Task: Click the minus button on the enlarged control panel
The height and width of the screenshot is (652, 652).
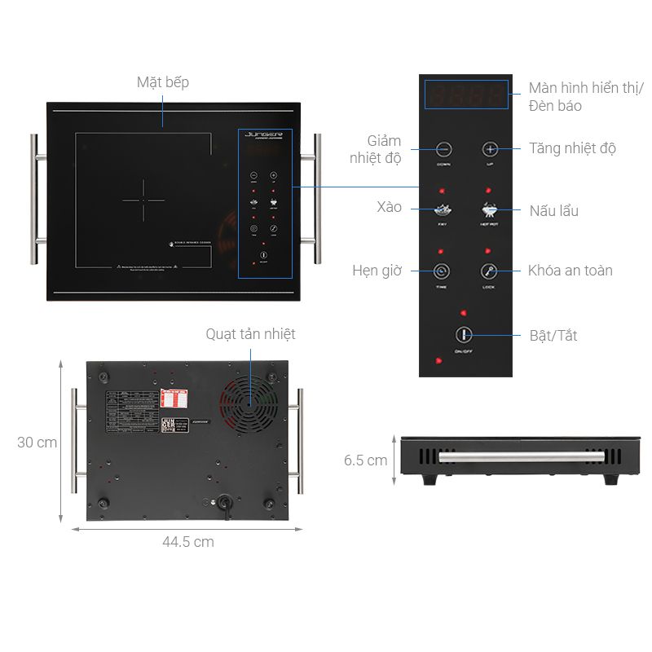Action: (443, 149)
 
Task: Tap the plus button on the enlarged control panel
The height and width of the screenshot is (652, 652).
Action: (490, 149)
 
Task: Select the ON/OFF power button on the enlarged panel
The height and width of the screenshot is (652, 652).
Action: (463, 335)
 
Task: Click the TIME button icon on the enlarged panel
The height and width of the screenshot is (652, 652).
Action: (442, 271)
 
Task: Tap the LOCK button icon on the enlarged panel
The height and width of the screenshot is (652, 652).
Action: (488, 271)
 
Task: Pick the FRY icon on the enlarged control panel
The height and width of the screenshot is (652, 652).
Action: (443, 209)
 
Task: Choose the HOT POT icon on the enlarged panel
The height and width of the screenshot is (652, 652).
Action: (488, 209)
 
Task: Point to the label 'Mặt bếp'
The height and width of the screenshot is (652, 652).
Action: (163, 82)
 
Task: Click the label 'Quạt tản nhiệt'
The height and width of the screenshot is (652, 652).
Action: (250, 334)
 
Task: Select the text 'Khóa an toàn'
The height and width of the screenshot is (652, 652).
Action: (570, 271)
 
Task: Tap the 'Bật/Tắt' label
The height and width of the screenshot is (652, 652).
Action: (553, 335)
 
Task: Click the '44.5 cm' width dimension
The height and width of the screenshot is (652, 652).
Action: (187, 542)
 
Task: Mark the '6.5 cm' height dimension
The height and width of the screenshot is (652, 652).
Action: (365, 460)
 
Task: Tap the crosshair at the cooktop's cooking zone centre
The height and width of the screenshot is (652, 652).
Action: (143, 200)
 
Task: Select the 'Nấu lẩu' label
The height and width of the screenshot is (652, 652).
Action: (553, 210)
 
